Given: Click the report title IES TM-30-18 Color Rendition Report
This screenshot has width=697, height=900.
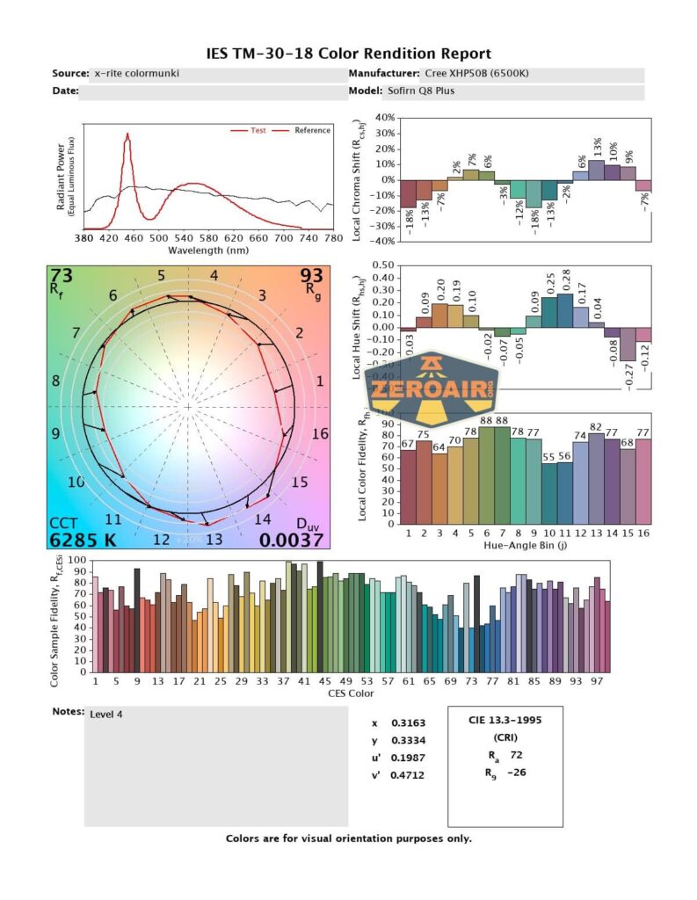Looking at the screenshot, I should tap(348, 54).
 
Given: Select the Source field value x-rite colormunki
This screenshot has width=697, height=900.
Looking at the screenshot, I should tap(136, 74).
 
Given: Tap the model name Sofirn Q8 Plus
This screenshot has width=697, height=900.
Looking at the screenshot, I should tap(420, 91).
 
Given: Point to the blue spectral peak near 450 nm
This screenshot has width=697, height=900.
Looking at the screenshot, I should tap(127, 137).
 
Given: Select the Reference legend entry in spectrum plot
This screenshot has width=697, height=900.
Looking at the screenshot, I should tap(312, 130).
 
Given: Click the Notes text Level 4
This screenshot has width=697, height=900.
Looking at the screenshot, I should tap(106, 715).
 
